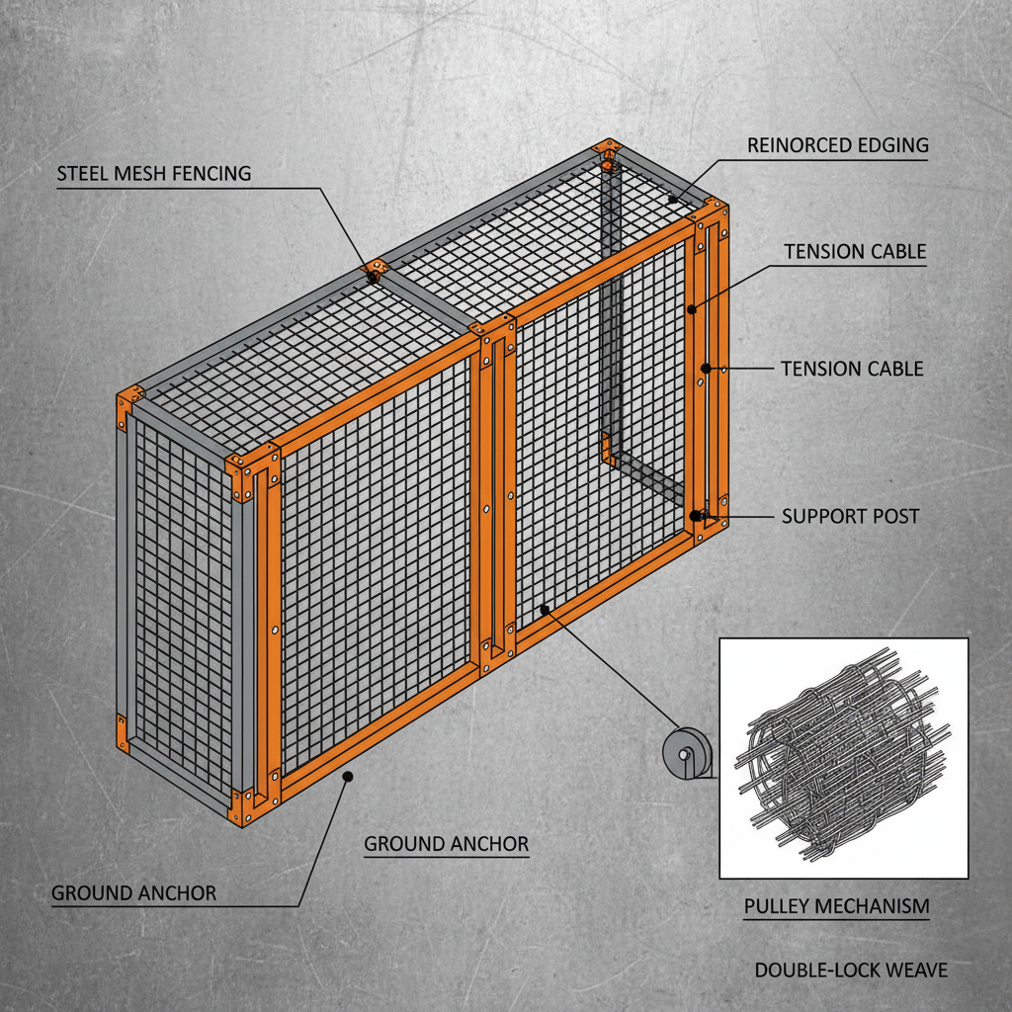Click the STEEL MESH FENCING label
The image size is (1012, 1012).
[x=153, y=174]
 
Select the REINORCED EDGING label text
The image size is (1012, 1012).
[x=837, y=145]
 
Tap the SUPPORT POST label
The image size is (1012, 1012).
[x=850, y=516]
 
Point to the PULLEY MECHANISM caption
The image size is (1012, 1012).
[x=836, y=905]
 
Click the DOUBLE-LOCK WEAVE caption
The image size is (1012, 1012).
[x=851, y=970]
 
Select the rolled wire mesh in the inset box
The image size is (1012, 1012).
[x=842, y=757]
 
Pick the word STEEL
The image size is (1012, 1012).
[x=84, y=174]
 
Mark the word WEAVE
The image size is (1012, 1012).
[x=914, y=970]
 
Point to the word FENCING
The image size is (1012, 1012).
[x=211, y=174]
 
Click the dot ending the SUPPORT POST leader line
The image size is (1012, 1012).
[x=697, y=515]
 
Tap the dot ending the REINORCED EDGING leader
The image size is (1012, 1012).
[x=672, y=200]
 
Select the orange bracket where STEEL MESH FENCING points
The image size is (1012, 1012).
[x=376, y=268]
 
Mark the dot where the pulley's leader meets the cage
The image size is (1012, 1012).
[x=545, y=611]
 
